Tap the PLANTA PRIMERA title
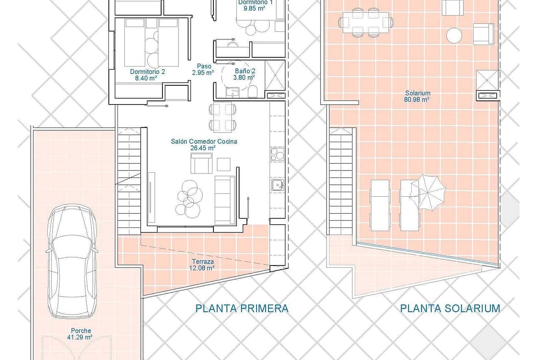[242, 309]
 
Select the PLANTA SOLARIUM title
[450, 309]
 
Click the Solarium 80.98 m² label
[417, 96]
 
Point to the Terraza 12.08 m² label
[202, 265]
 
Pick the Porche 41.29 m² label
[81, 334]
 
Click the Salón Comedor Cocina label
[204, 141]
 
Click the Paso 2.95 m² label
[203, 69]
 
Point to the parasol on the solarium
[428, 192]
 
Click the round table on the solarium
[454, 35]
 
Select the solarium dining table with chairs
[366, 22]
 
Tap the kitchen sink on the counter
[277, 185]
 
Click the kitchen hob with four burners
[277, 154]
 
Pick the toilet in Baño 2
[253, 91]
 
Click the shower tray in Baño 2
[275, 75]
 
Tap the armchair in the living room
[201, 163]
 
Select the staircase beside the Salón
[129, 181]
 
